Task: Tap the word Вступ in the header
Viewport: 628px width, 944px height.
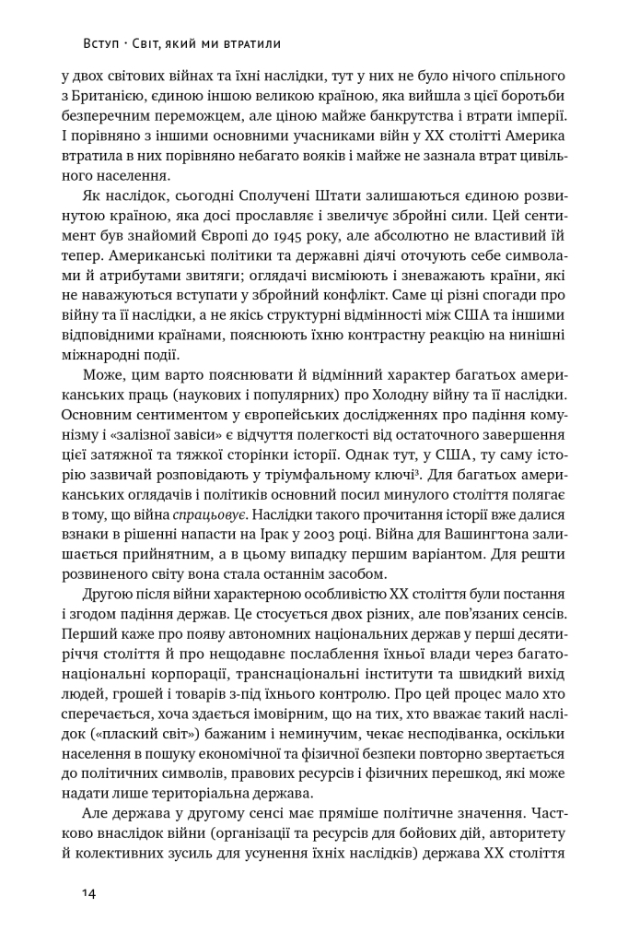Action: pos(78,42)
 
